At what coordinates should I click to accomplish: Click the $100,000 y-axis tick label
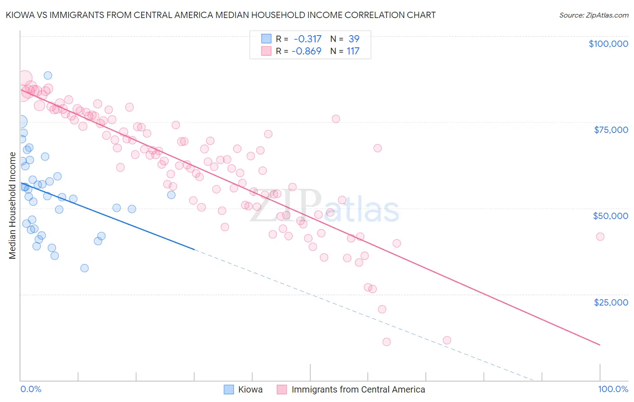coord(608,44)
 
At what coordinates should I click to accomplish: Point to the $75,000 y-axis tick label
coord(611,130)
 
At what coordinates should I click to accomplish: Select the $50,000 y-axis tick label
coord(610,216)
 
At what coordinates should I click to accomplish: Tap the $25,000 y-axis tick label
coord(611,302)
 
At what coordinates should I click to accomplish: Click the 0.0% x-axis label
coord(31,389)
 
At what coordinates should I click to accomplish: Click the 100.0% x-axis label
coord(613,389)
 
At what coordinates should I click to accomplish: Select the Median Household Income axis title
coord(12,206)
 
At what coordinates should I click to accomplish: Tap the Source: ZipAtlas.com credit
coord(593,15)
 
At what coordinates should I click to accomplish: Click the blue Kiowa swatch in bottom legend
coord(229,389)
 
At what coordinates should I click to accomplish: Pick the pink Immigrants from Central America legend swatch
coord(282,389)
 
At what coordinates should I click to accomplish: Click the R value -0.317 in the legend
coord(307,39)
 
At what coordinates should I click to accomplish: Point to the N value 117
coord(353,51)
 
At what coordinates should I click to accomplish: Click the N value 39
coord(354,39)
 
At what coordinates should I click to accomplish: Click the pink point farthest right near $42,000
coord(600,237)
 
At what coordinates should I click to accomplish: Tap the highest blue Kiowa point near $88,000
coord(48,76)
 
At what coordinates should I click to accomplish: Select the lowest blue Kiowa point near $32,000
coord(84,268)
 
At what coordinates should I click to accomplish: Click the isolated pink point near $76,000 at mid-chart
coord(335,119)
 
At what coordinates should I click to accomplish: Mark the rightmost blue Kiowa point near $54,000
coord(171,195)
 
